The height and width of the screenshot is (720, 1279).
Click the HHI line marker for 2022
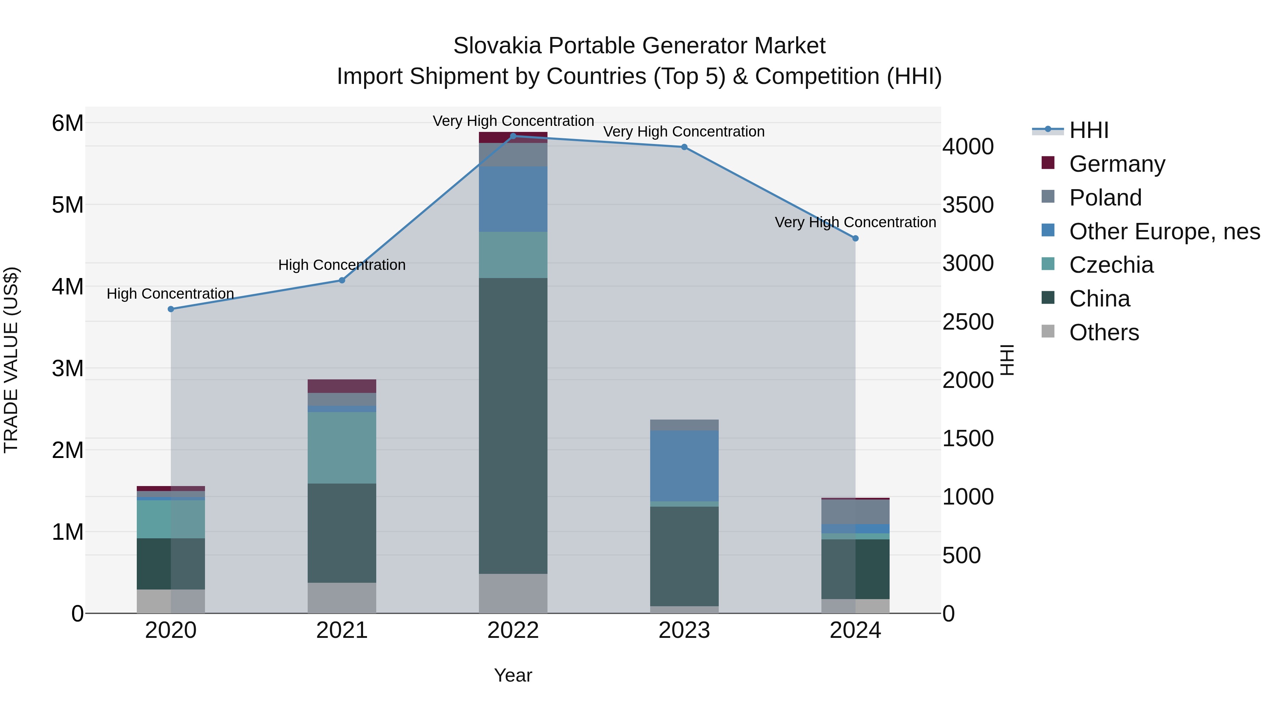(513, 136)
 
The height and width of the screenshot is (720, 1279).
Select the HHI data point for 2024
(855, 239)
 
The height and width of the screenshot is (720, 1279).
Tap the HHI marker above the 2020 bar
(171, 309)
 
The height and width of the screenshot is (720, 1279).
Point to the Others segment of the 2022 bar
(513, 593)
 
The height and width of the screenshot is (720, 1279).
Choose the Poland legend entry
(1105, 198)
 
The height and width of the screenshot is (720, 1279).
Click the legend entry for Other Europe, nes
(1164, 231)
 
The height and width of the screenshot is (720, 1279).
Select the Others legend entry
(1104, 332)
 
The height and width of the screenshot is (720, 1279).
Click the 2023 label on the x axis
(684, 630)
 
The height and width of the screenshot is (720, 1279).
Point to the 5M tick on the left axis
(68, 205)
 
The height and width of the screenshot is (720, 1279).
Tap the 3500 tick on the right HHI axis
(968, 205)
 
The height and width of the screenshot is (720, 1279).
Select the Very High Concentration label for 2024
(855, 222)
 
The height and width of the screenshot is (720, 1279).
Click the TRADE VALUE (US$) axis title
(11, 360)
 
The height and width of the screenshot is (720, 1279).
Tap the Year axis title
(513, 675)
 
